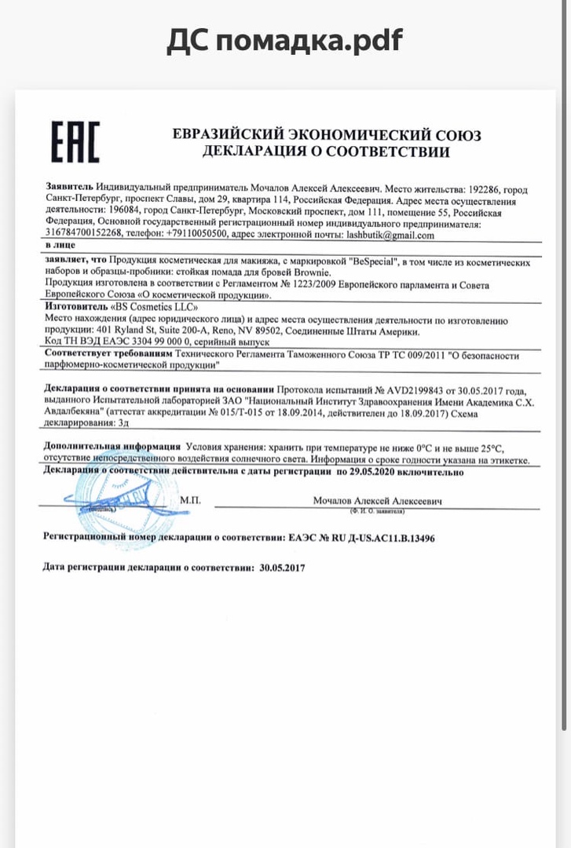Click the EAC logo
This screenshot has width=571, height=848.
coord(75,142)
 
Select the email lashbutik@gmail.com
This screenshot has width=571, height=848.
coord(385,235)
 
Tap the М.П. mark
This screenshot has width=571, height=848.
coord(190,499)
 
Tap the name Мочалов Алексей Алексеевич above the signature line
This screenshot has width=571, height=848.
coord(378,500)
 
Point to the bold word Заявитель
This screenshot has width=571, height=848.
coord(70,190)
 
